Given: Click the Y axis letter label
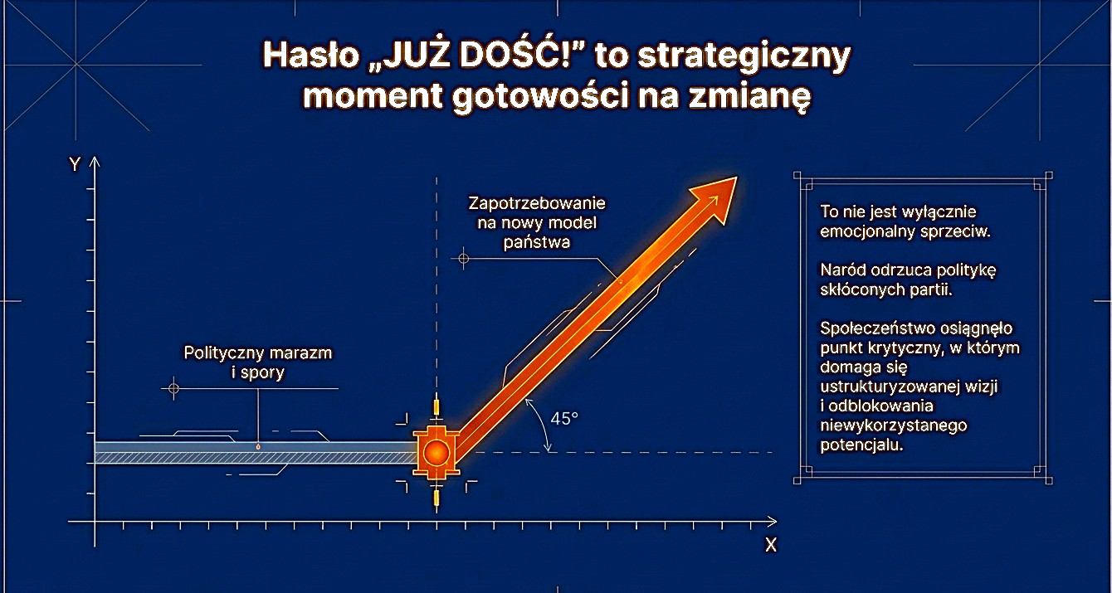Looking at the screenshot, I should (x=75, y=164).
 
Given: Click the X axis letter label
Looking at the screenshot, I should (x=770, y=545).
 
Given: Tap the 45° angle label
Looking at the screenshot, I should (x=564, y=419).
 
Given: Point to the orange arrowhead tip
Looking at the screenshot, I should (x=735, y=177).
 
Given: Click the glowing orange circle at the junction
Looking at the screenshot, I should (x=436, y=453).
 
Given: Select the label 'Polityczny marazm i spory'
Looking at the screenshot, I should (x=257, y=362).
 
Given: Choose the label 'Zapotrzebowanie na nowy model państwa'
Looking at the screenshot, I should (x=537, y=222).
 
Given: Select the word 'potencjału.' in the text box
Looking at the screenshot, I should (x=860, y=445).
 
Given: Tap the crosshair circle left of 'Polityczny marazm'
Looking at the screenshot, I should (x=173, y=387).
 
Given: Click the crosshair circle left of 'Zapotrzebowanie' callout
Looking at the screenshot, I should (x=464, y=259).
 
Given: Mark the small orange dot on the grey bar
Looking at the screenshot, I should (x=258, y=447).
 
